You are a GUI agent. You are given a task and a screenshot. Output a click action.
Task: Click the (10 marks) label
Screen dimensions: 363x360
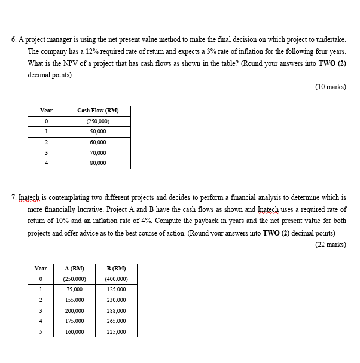(330, 87)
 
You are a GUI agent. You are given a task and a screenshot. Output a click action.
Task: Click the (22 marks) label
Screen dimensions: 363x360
(330, 245)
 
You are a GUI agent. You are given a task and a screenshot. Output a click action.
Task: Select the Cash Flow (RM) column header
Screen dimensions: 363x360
(97, 110)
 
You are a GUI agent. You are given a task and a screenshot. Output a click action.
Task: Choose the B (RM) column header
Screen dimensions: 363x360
(115, 268)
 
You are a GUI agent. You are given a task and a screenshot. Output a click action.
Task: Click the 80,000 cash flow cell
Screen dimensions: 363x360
(97, 163)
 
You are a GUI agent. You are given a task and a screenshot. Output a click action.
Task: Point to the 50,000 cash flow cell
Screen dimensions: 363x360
(97, 131)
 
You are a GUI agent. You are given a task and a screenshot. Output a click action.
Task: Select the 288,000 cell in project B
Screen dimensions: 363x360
(115, 310)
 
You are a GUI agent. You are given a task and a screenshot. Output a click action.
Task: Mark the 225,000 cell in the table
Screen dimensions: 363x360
(115, 331)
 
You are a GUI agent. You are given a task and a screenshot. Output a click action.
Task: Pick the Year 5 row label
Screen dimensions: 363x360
(41, 331)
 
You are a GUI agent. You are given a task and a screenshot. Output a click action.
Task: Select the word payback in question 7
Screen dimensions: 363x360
(223, 221)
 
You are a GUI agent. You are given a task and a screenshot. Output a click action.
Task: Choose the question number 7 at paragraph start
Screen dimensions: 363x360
(14, 197)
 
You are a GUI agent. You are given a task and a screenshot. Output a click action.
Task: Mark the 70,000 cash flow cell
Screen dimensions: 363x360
(97, 152)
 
